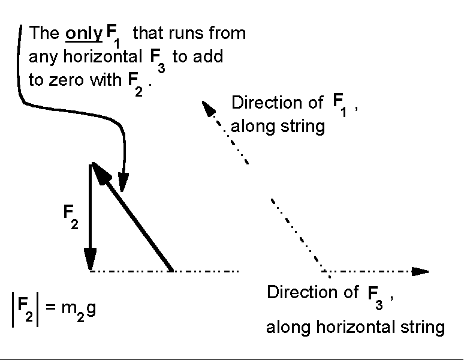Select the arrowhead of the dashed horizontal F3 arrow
(x=421, y=271)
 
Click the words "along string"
(x=278, y=127)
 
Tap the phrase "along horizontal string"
(x=355, y=328)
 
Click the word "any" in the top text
(x=41, y=58)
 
